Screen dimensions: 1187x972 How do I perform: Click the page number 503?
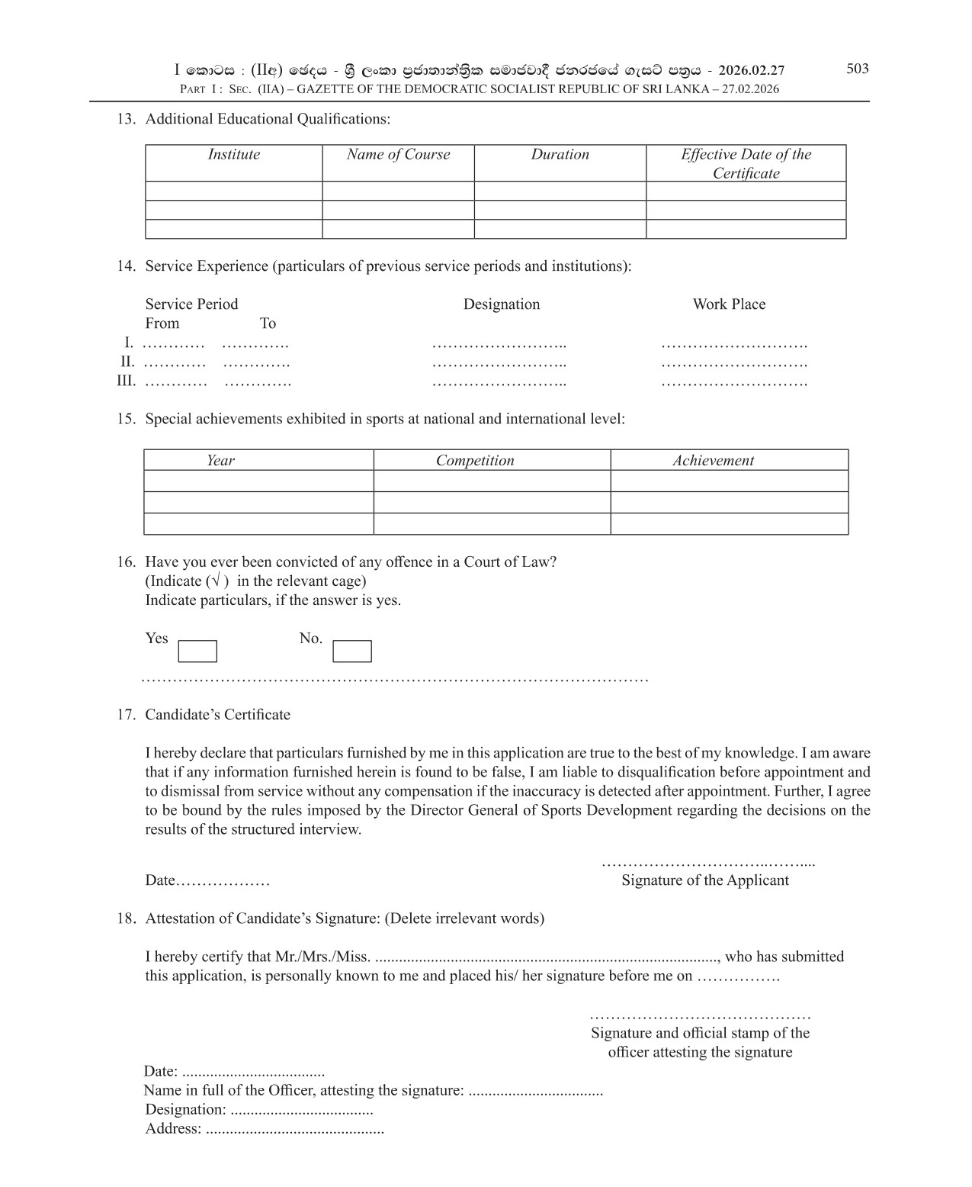857,69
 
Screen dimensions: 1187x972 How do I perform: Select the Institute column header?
233,155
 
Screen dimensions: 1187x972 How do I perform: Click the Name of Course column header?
398,155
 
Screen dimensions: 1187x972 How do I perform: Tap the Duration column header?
560,155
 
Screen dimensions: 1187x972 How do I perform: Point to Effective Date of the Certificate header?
746,163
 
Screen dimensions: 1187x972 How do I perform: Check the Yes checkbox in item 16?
197,651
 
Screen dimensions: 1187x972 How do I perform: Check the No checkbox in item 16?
352,651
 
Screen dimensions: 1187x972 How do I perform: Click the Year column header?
220,461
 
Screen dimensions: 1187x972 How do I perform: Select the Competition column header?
475,461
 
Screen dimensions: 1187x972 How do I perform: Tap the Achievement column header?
713,461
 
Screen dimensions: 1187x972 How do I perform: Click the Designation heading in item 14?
501,304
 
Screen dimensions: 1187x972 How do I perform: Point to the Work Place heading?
728,304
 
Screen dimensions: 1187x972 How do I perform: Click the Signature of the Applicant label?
704,880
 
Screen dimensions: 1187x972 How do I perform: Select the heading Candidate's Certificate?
217,715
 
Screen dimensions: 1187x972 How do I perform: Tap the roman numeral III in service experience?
126,381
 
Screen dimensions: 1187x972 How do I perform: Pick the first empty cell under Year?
258,481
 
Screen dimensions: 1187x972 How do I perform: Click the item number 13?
126,119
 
